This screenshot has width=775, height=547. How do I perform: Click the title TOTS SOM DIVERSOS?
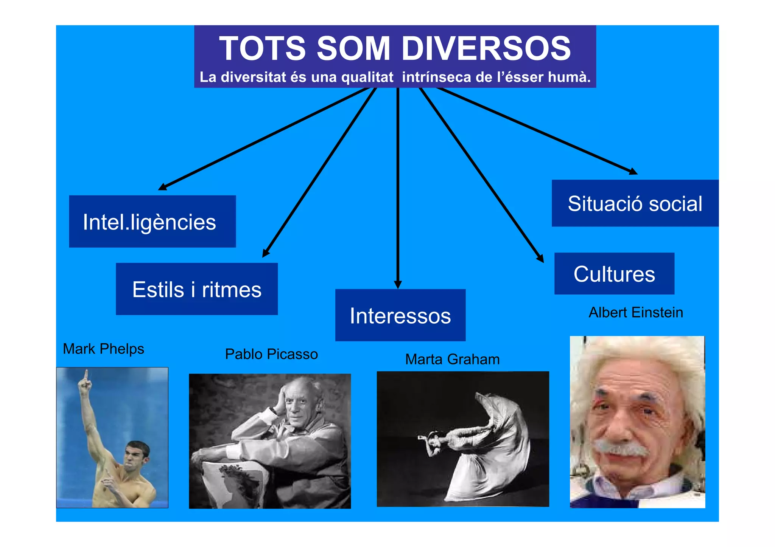tap(395, 48)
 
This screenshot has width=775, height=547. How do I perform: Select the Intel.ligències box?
tap(152, 222)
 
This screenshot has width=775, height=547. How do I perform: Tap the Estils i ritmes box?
tap(197, 289)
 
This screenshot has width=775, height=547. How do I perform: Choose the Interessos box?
tap(400, 315)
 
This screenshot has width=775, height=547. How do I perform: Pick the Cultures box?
tap(614, 274)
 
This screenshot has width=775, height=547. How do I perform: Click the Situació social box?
tap(635, 203)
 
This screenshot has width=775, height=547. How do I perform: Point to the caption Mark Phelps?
tap(103, 349)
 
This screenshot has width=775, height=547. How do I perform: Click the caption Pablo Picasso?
tap(271, 354)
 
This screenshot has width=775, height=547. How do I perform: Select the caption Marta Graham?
tap(452, 359)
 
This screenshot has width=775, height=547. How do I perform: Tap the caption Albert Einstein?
tap(636, 313)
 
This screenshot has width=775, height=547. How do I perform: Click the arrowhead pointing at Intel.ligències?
tap(162, 187)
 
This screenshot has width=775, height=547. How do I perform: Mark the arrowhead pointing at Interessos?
tap(398, 284)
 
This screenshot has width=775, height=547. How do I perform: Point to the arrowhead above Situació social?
tap(633, 172)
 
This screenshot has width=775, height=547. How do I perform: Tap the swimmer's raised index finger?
tap(86, 374)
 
